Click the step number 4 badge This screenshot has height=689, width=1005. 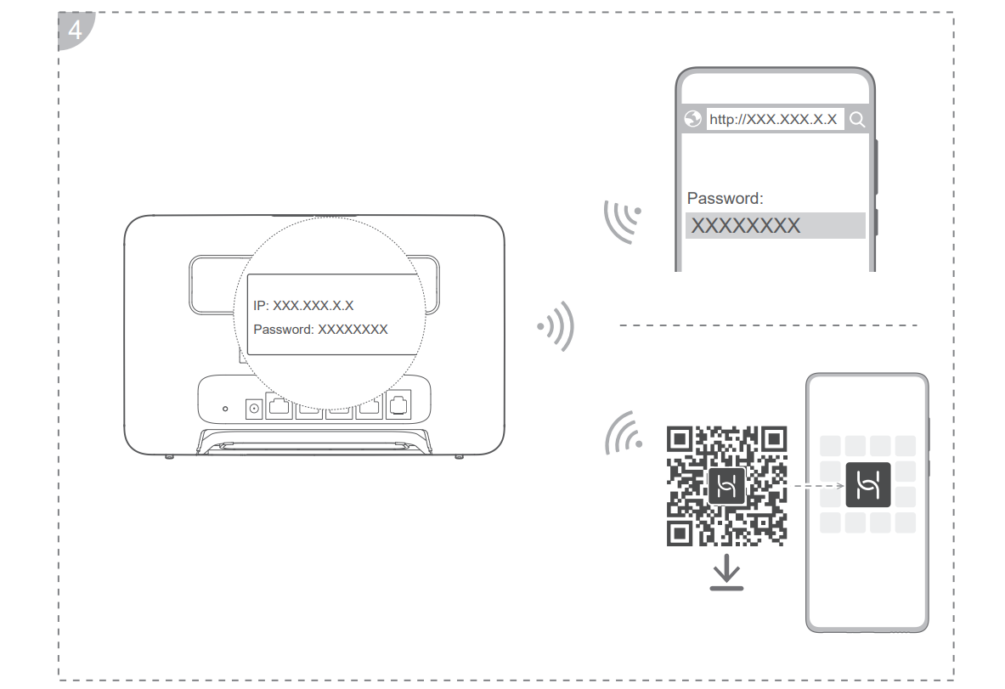pos(75,30)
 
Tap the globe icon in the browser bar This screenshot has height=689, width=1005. pos(692,119)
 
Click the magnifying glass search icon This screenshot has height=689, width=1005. pos(857,119)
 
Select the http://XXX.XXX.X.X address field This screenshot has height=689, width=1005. pos(774,119)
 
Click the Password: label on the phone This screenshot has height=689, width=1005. pos(725,198)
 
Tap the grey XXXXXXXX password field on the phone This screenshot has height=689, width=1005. pos(775,226)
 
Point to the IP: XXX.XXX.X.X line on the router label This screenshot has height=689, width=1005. pos(303,306)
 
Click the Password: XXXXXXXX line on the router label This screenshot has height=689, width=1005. pos(320,330)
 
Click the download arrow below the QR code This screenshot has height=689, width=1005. pos(726,572)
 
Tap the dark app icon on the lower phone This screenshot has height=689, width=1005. pos(868,484)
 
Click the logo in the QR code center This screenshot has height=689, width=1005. pos(727,486)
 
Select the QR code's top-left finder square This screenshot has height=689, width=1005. pos(680,440)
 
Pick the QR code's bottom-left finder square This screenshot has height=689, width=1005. pos(680,534)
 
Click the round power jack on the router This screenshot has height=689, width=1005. pos(254,409)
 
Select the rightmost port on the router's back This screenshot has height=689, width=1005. pos(398,405)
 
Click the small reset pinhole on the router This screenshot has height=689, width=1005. pos(225,409)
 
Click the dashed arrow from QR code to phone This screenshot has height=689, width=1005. pos(819,486)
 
